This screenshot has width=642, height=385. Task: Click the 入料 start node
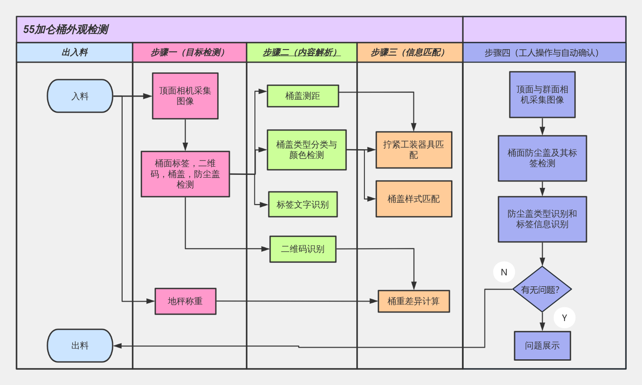point(80,96)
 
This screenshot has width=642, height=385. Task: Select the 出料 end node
point(80,345)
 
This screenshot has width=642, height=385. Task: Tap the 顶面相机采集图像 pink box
point(185,96)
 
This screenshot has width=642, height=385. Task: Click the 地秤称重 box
point(185,301)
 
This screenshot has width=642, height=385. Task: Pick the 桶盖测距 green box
point(303,96)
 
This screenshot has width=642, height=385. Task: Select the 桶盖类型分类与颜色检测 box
point(307,150)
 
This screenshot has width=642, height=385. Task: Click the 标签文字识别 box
point(303,204)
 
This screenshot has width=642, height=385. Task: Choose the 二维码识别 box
point(303,249)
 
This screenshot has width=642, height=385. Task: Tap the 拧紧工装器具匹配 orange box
point(414,150)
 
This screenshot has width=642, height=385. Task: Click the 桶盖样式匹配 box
point(414,199)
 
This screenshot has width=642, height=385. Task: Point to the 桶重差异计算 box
point(414,301)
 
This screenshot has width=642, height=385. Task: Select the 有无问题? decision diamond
point(542,289)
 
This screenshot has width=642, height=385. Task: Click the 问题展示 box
point(542,345)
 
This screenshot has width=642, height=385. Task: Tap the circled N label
point(504,272)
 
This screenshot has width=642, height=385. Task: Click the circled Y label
point(564,318)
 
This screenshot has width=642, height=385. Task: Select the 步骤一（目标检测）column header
point(189,53)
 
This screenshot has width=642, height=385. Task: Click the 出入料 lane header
point(74,53)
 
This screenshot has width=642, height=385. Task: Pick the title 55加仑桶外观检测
point(66,30)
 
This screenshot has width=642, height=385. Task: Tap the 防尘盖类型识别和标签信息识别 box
point(542,219)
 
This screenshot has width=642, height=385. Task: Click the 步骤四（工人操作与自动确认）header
point(544,53)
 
